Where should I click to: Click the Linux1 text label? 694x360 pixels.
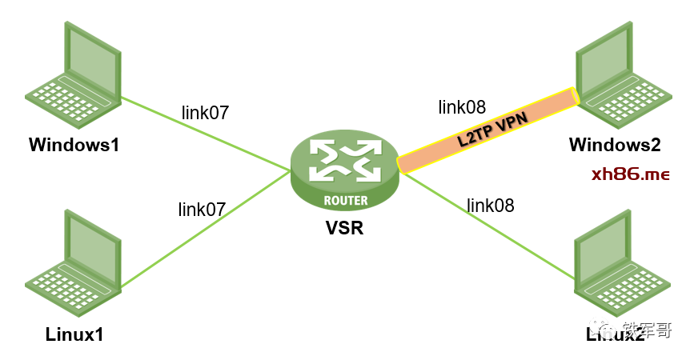74,333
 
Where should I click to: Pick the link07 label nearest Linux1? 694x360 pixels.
202,210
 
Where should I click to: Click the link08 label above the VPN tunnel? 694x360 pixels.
462,107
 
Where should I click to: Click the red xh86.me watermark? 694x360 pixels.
630,174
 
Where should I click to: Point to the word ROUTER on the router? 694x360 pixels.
346,200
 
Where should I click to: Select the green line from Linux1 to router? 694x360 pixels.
204,228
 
